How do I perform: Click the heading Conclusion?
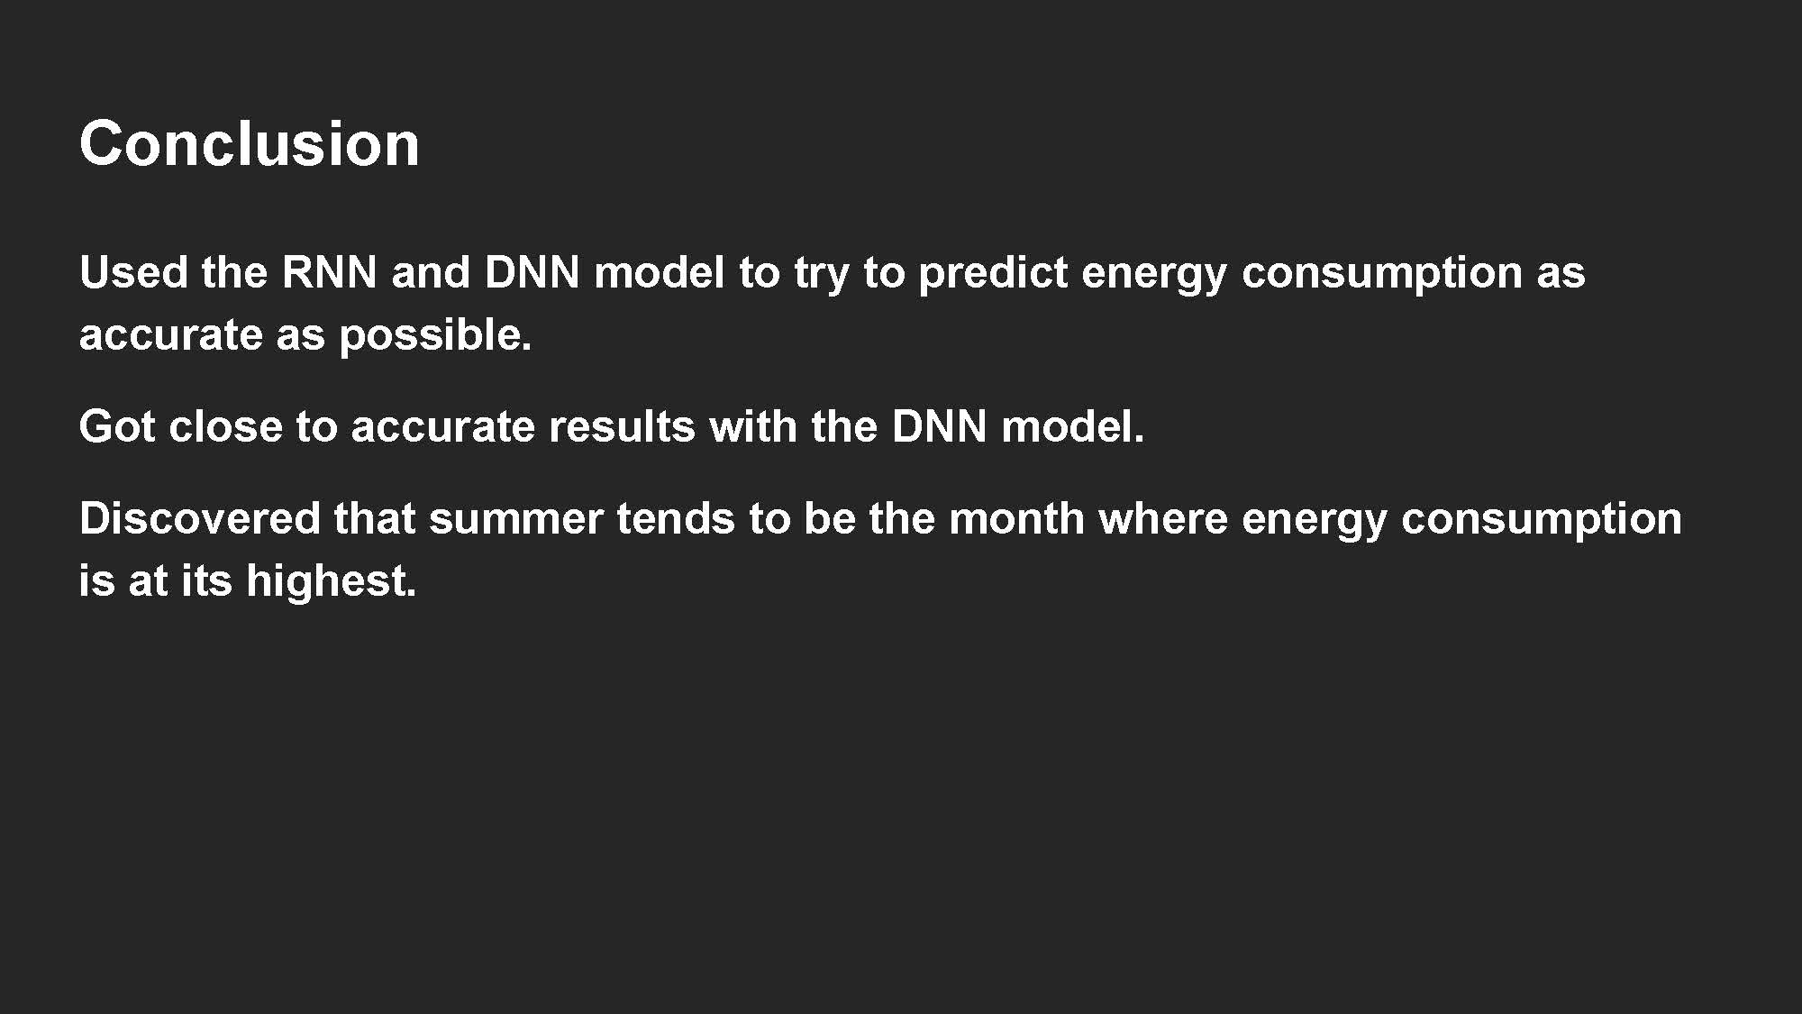tap(250, 144)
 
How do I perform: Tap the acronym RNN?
tap(329, 272)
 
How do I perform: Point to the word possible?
tap(435, 336)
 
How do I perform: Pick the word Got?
tap(117, 426)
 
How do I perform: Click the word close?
tap(225, 426)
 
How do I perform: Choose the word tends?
tap(676, 519)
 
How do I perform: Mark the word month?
tap(1016, 519)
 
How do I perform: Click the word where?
tap(1163, 519)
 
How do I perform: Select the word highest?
tap(331, 581)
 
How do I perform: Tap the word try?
tap(821, 274)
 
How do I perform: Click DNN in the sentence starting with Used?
tap(532, 272)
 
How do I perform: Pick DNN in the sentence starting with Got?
tap(939, 426)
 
